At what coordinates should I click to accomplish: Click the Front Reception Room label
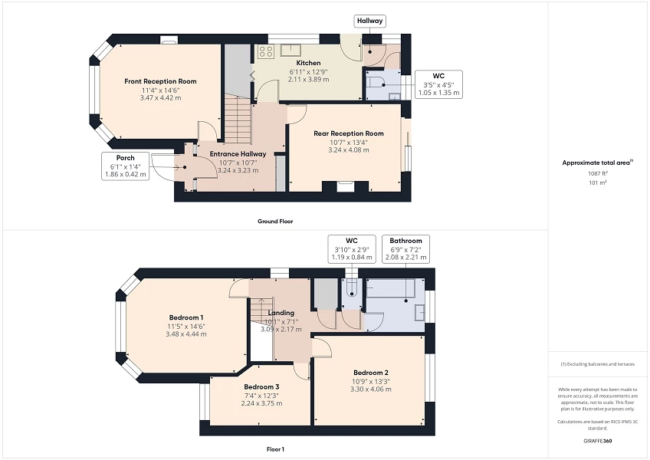pyautogui.click(x=160, y=81)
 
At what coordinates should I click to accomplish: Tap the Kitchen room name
pyautogui.click(x=309, y=63)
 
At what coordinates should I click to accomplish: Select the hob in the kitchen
pyautogui.click(x=266, y=52)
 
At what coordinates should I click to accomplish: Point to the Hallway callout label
pyautogui.click(x=369, y=21)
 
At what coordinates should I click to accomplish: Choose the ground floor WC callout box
pyautogui.click(x=438, y=84)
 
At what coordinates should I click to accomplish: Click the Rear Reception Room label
pyautogui.click(x=348, y=133)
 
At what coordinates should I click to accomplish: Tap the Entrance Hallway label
pyautogui.click(x=238, y=153)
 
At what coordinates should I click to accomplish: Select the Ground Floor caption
pyautogui.click(x=275, y=221)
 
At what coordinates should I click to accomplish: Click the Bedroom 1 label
pyautogui.click(x=186, y=317)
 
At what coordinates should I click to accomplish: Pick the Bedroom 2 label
pyautogui.click(x=370, y=373)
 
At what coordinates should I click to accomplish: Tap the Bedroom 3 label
pyautogui.click(x=261, y=387)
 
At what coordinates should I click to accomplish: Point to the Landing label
pyautogui.click(x=282, y=312)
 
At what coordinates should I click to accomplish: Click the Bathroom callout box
pyautogui.click(x=405, y=249)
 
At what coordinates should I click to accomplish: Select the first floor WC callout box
pyautogui.click(x=352, y=249)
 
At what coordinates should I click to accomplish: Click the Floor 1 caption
pyautogui.click(x=275, y=449)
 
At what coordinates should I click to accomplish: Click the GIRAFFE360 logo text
pyautogui.click(x=598, y=442)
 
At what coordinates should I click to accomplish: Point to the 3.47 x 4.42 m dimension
pyautogui.click(x=160, y=97)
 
